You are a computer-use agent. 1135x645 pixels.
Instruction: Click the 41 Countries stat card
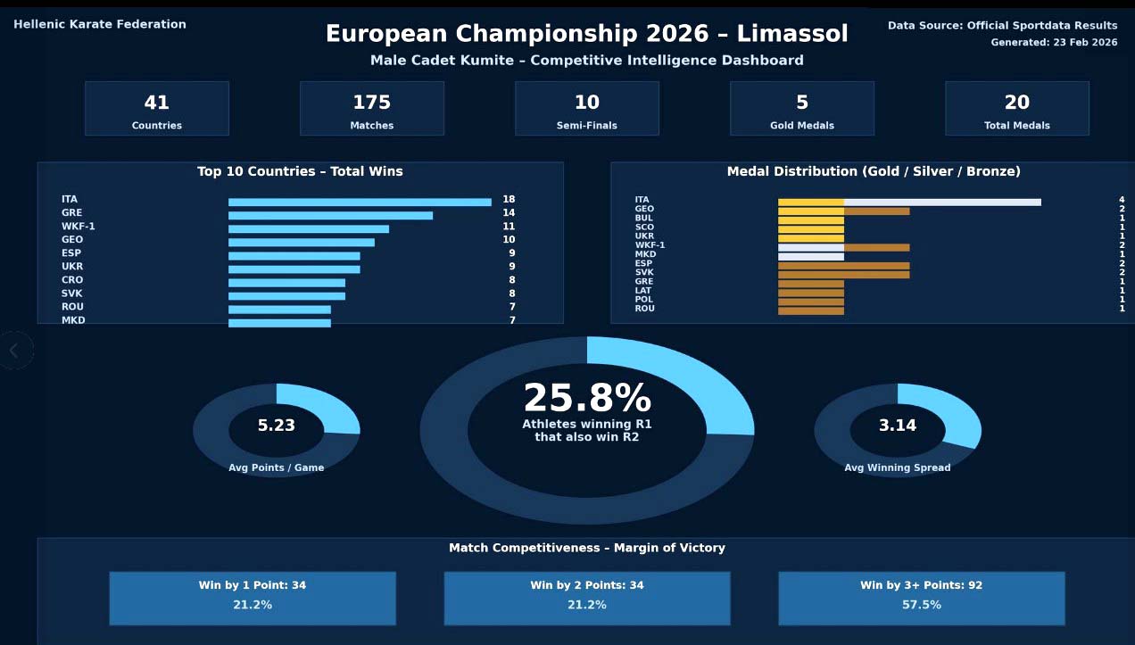coord(157,109)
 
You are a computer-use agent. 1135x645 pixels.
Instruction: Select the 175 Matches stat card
coord(372,109)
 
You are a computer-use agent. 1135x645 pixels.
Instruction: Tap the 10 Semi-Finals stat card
coord(587,109)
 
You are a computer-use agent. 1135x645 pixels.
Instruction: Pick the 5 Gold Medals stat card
coord(802,109)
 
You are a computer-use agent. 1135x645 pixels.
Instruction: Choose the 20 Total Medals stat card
coord(1017,109)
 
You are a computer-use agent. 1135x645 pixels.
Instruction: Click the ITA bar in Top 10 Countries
coord(360,202)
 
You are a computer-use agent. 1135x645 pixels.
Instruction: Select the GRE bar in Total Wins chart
coord(330,215)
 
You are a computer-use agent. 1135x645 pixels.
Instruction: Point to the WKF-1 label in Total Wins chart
coord(79,227)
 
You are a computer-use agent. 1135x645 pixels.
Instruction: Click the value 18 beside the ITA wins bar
coord(509,200)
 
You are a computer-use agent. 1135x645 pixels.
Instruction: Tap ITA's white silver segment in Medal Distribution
coord(942,202)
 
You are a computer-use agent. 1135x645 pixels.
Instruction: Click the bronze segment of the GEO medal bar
coord(876,211)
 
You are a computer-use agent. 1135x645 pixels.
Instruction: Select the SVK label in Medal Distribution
coord(644,273)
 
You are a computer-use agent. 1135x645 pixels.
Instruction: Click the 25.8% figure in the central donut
coord(587,399)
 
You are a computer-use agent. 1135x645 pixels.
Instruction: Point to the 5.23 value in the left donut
coord(277,426)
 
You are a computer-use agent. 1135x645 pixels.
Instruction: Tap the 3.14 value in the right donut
coord(898,426)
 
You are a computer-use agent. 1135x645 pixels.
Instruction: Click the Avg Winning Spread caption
coord(898,467)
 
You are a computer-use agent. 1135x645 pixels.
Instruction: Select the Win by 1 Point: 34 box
coord(253,598)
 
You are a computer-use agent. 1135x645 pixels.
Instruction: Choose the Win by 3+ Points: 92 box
coord(922,598)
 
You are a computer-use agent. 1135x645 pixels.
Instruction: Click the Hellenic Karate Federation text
coord(100,25)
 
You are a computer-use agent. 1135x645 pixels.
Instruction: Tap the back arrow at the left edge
coord(14,351)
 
